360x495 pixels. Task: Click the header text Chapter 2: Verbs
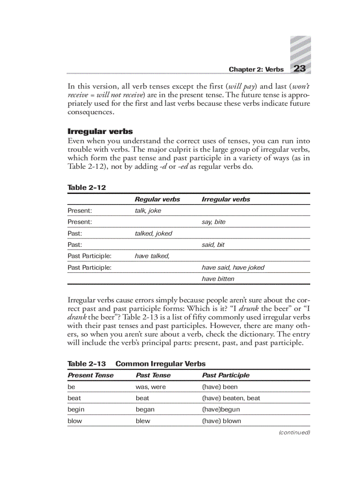(x=256, y=70)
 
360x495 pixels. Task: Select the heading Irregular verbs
(x=100, y=131)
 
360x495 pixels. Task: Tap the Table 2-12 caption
(x=86, y=187)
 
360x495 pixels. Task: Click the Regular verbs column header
(x=157, y=199)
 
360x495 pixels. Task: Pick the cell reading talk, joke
(x=148, y=211)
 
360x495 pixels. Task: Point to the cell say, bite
(x=213, y=222)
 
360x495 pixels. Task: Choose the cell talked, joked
(x=153, y=234)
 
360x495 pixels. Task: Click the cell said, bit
(x=213, y=245)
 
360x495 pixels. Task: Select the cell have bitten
(x=218, y=279)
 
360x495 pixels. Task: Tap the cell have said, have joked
(x=233, y=268)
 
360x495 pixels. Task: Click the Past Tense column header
(x=153, y=376)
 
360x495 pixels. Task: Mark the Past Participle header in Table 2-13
(x=225, y=376)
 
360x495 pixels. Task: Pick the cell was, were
(x=150, y=387)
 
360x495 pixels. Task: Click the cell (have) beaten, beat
(x=231, y=398)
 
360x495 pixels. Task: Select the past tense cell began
(x=145, y=409)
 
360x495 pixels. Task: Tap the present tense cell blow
(x=75, y=421)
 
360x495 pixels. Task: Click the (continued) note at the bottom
(x=294, y=432)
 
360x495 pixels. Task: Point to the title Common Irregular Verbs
(x=160, y=364)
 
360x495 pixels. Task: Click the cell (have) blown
(x=221, y=421)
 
